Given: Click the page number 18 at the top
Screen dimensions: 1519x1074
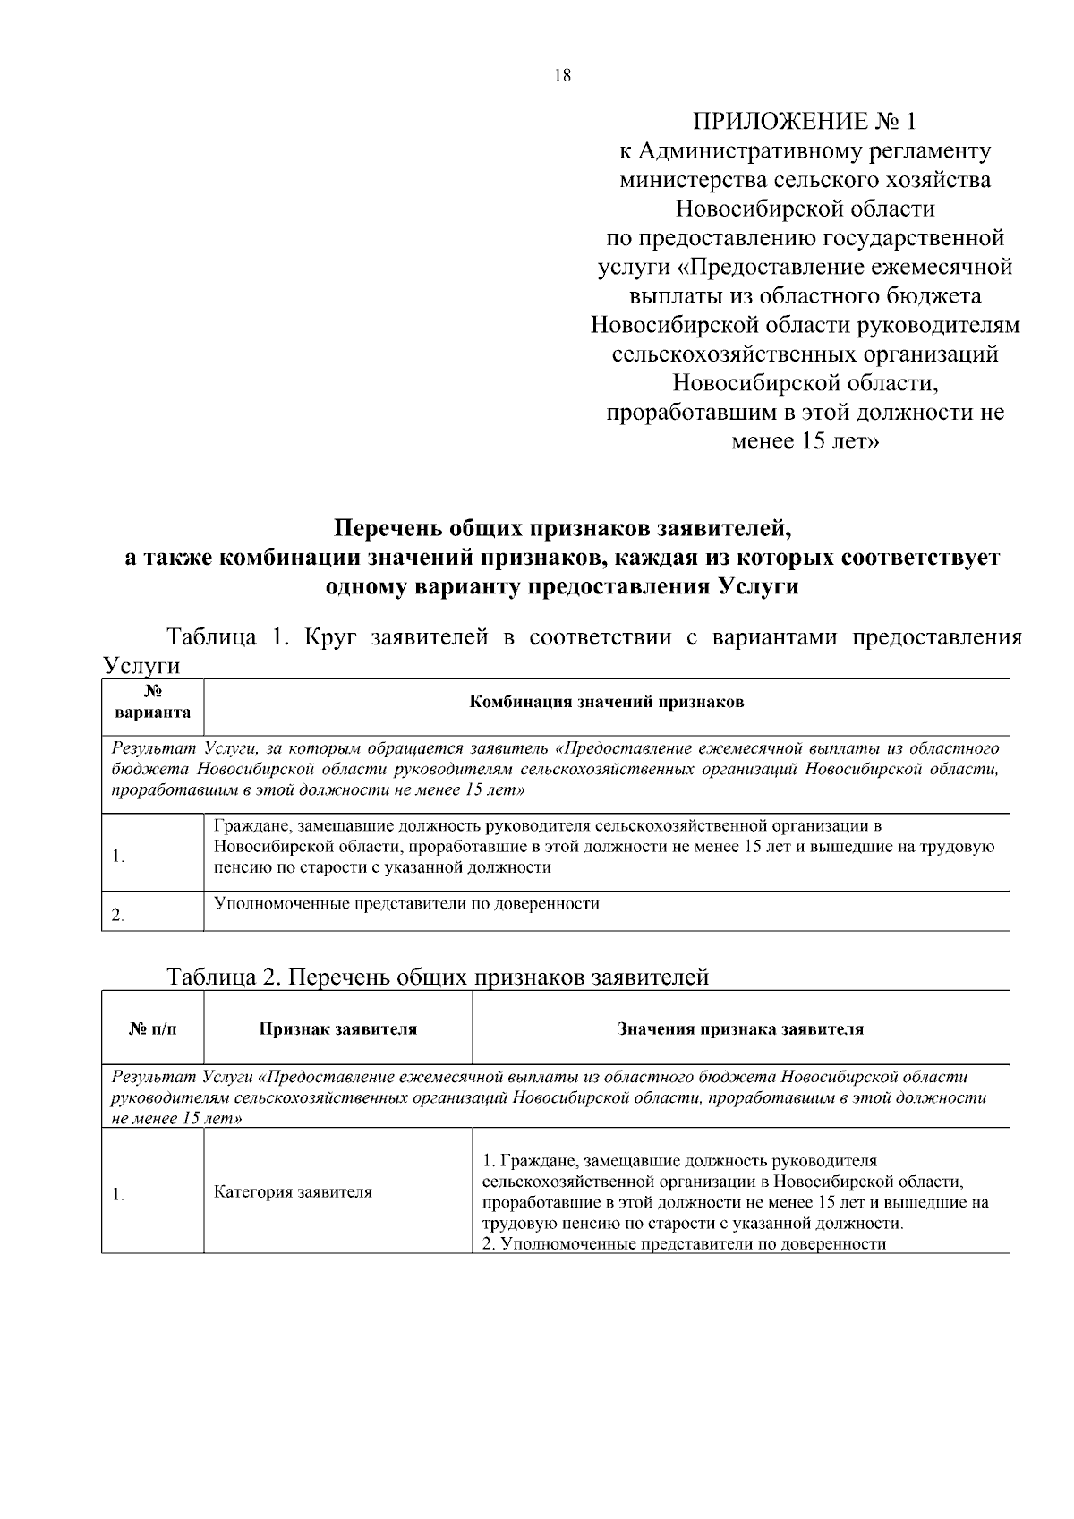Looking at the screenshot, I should [562, 76].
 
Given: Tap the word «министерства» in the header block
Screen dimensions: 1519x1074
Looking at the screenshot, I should [694, 180].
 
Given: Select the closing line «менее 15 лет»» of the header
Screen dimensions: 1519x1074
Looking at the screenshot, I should [805, 441].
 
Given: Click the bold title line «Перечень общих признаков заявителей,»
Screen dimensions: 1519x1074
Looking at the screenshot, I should [562, 528].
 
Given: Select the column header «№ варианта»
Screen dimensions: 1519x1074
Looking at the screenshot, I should [152, 703].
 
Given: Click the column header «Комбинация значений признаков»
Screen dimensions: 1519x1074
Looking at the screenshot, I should [607, 703].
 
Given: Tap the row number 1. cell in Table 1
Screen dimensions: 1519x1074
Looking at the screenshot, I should [118, 857].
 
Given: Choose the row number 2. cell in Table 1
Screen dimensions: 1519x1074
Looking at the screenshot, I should [117, 915].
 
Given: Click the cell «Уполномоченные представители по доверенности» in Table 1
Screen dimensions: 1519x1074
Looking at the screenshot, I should [407, 904].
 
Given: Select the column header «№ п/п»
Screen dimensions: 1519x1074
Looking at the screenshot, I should [152, 1029].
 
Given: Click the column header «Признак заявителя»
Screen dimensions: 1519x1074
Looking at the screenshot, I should [337, 1029].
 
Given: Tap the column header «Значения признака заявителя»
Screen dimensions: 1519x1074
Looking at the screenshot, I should [740, 1029].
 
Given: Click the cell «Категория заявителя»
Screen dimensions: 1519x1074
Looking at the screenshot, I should [293, 1192].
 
